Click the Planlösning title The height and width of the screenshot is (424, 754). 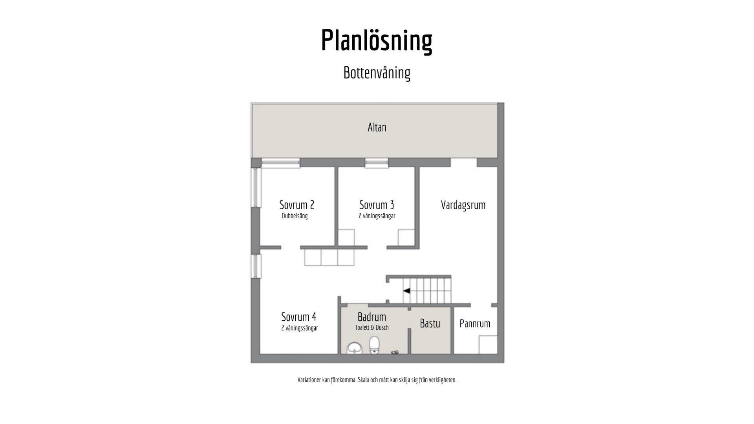pyautogui.click(x=377, y=40)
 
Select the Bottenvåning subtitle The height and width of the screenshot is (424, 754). pyautogui.click(x=377, y=73)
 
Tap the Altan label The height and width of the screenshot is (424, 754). pyautogui.click(x=377, y=127)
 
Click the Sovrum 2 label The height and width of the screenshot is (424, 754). pyautogui.click(x=296, y=205)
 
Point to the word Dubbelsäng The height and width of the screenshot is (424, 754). pyautogui.click(x=295, y=216)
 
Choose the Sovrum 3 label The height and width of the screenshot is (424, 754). pyautogui.click(x=376, y=205)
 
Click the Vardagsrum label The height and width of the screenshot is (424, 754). pyautogui.click(x=463, y=205)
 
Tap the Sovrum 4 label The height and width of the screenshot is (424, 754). pyautogui.click(x=298, y=316)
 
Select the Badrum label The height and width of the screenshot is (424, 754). pyautogui.click(x=372, y=316)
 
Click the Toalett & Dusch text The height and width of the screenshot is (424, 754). pyautogui.click(x=372, y=327)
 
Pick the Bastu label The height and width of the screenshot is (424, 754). pyautogui.click(x=430, y=323)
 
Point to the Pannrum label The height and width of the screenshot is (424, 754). pyautogui.click(x=475, y=323)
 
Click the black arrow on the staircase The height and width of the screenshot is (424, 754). pyautogui.click(x=406, y=291)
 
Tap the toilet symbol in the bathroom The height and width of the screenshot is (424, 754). pyautogui.click(x=375, y=345)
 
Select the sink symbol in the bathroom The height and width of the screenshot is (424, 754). pyautogui.click(x=355, y=347)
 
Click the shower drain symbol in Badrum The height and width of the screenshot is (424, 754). pyautogui.click(x=395, y=353)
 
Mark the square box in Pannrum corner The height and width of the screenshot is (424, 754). pyautogui.click(x=488, y=345)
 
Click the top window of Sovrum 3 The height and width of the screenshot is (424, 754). pyautogui.click(x=377, y=163)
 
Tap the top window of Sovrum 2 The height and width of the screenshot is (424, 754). pyautogui.click(x=281, y=163)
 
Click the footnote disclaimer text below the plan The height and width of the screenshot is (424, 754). pyautogui.click(x=377, y=380)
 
